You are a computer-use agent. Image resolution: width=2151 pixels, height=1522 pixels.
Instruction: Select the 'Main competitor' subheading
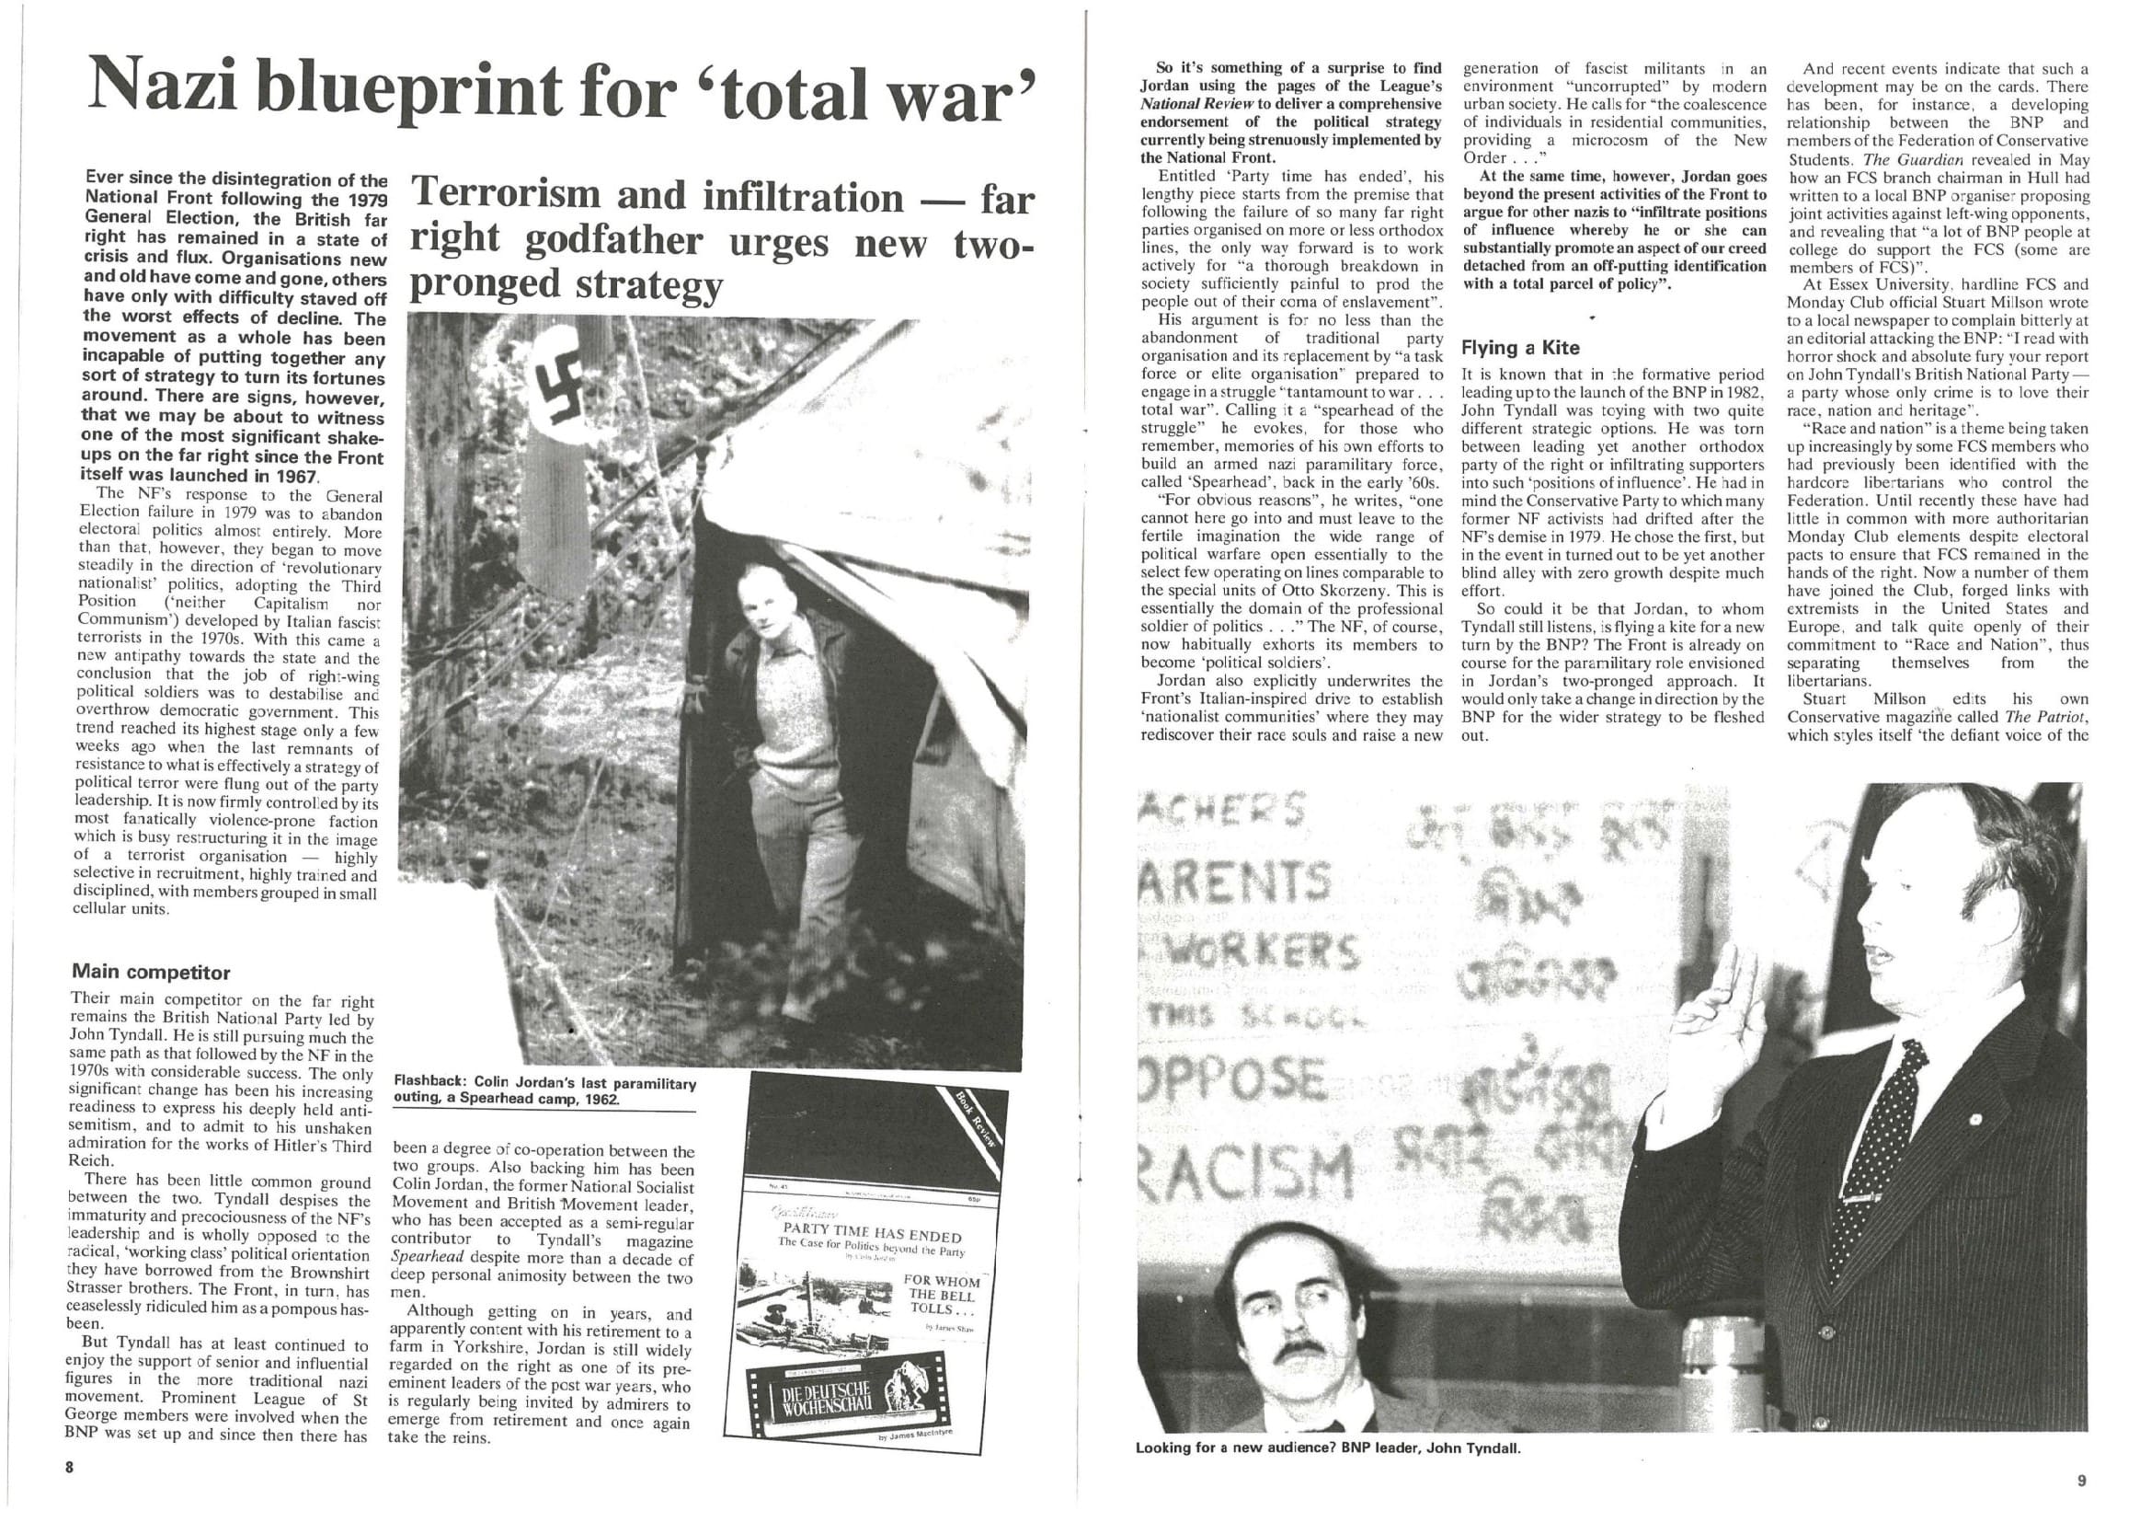point(150,972)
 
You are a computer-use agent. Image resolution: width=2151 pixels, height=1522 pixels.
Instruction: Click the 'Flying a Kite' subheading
point(1519,348)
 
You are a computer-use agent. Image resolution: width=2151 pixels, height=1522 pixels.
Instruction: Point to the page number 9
point(2081,1482)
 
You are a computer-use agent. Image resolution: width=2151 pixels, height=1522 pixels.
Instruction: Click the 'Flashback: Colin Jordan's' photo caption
point(544,1091)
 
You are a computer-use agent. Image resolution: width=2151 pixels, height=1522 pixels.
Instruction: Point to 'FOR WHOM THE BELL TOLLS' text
point(941,1295)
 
